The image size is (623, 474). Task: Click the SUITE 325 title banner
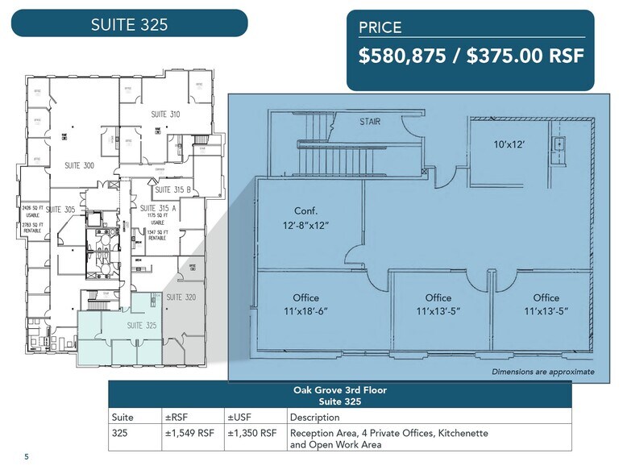(x=129, y=23)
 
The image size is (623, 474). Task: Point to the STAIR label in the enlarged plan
(x=370, y=122)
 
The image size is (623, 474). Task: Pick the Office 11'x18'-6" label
(x=305, y=305)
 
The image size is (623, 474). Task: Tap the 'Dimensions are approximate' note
(x=542, y=372)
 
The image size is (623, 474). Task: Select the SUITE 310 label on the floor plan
(x=164, y=114)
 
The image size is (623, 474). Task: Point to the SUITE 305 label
(x=60, y=209)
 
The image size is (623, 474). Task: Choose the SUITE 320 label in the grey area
(x=181, y=297)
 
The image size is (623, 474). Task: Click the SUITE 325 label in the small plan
(x=140, y=325)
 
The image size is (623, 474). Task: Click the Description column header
(x=316, y=418)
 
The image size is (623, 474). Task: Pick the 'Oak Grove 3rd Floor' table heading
(x=339, y=390)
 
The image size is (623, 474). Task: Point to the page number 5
(x=26, y=457)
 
